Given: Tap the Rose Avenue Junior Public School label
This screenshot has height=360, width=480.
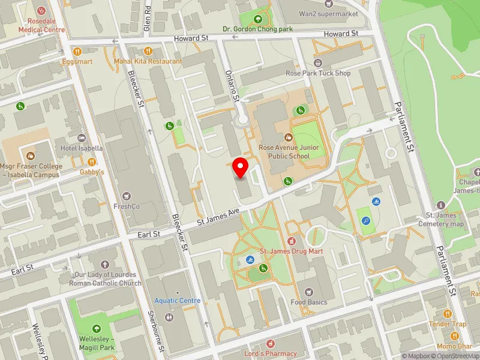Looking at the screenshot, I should (289, 152).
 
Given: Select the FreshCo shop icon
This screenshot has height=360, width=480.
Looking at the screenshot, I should (126, 196).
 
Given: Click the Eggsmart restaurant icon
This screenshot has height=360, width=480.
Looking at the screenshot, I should (76, 50).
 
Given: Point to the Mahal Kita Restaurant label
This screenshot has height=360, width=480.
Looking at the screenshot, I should (148, 61).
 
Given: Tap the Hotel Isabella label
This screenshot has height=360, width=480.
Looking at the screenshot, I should (82, 148).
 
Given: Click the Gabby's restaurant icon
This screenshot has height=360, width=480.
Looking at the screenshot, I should (92, 161).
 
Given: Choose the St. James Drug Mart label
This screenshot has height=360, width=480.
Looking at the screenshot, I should (291, 251).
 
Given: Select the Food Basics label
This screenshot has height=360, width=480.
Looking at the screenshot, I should (310, 302).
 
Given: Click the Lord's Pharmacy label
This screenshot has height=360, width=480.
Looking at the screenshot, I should (271, 353).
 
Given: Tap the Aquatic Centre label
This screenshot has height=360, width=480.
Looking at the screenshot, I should (178, 301).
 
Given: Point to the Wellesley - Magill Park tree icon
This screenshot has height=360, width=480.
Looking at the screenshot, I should (97, 328).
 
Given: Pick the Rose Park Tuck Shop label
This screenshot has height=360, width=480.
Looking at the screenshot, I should (318, 73).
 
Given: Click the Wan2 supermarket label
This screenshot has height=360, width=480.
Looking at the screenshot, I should (329, 13).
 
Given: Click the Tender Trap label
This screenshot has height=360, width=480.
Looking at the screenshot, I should (447, 324).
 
